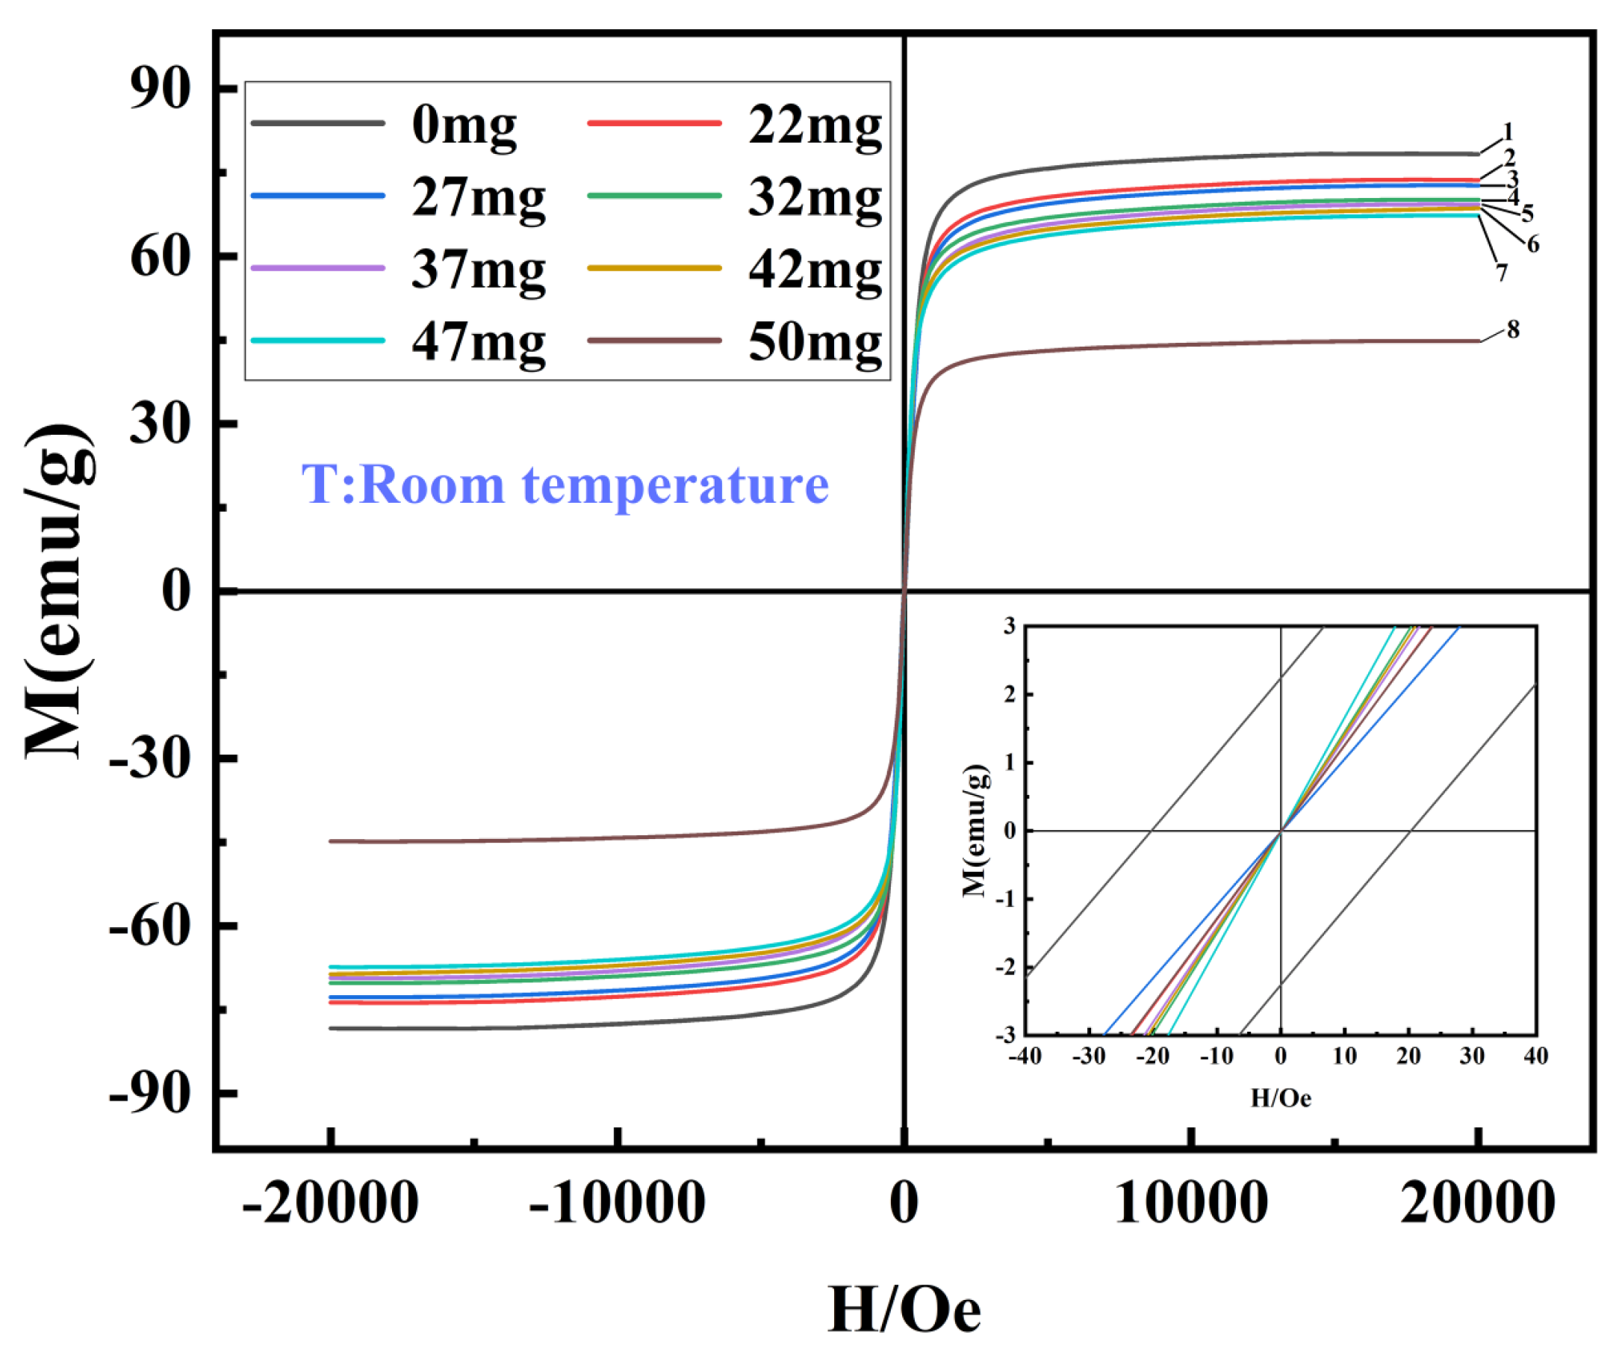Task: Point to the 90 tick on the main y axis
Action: coord(160,89)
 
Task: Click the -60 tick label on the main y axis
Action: coord(149,925)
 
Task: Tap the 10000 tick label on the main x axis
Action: coord(1191,1203)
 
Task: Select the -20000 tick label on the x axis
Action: coord(330,1203)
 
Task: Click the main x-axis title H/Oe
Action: coord(904,1310)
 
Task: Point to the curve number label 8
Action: coord(1513,329)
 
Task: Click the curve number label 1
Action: coord(1508,132)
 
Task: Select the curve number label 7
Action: coord(1501,272)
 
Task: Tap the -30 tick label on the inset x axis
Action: coord(1088,1056)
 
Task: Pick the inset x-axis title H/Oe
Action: coord(1281,1098)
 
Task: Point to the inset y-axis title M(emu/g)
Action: coord(975,831)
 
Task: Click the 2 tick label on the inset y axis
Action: coord(1009,694)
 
